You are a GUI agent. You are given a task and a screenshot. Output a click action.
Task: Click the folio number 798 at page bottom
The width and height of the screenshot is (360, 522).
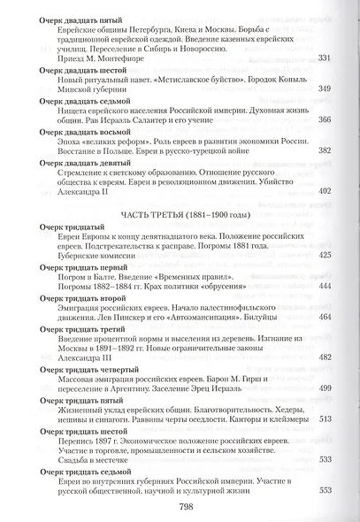pyautogui.click(x=180, y=507)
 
